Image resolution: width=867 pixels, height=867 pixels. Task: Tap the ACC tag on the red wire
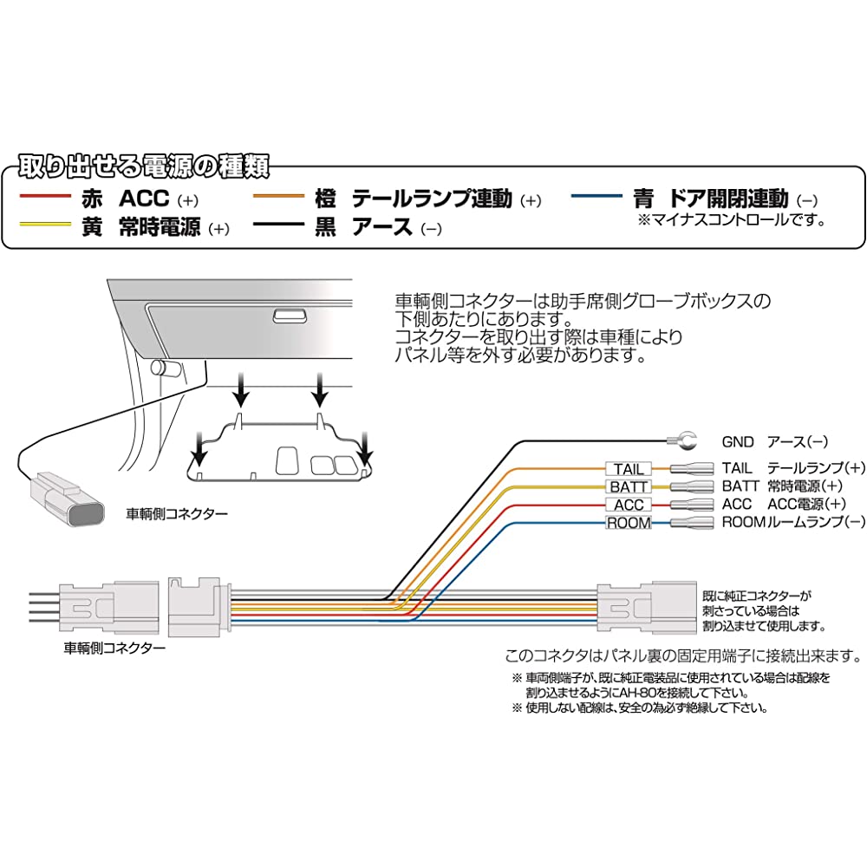tap(629, 505)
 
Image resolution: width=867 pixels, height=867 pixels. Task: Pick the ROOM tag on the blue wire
tap(629, 523)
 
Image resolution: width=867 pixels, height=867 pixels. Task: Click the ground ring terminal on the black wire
tap(682, 442)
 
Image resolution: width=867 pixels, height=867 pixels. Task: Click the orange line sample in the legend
tap(287, 199)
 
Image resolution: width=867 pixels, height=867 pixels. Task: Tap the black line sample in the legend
tap(287, 227)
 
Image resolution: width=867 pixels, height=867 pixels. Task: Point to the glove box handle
tap(288, 316)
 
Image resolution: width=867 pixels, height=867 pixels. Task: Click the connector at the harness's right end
tap(647, 603)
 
